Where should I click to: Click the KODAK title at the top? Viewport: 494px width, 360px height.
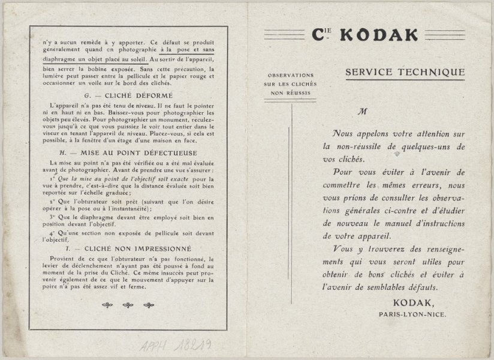[378, 35]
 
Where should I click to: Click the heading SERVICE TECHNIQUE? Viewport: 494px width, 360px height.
[405, 73]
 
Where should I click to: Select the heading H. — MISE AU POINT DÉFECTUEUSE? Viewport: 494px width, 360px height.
[128, 153]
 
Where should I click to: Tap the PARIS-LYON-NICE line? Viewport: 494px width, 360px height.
[412, 314]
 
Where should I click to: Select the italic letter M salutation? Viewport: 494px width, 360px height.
[362, 112]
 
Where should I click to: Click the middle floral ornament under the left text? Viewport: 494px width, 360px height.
[128, 305]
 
